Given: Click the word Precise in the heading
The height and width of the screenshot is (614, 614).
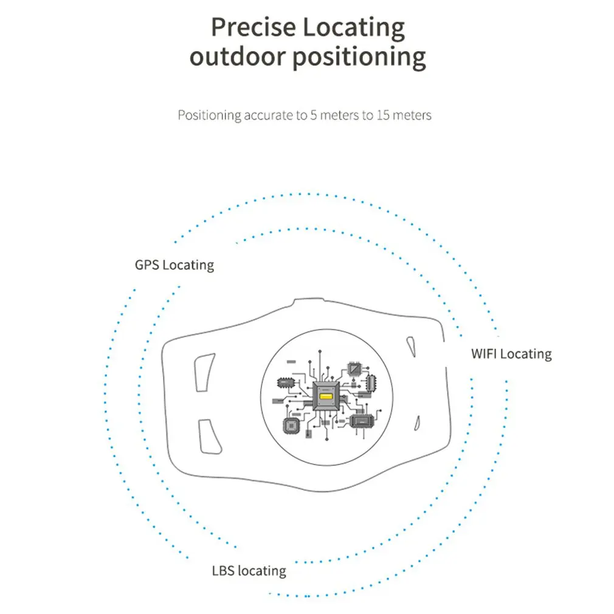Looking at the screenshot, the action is (254, 27).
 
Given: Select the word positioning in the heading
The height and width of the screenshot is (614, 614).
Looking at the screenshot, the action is (359, 58).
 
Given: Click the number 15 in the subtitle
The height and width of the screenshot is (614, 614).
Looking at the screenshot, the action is (383, 115).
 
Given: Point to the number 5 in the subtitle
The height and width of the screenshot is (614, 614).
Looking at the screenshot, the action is (313, 115).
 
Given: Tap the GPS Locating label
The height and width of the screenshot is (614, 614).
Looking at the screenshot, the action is (174, 265).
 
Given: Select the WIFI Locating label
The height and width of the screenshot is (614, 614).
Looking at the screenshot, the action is (511, 354).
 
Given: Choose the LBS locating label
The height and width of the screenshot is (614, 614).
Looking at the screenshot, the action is (249, 571).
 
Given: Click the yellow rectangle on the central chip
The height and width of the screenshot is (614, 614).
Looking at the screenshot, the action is (326, 397).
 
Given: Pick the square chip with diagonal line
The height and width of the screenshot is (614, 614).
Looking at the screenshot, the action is (354, 368).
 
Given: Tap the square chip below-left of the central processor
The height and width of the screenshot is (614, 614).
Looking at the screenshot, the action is (291, 426).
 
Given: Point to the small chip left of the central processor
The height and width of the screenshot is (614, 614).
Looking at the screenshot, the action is (285, 382).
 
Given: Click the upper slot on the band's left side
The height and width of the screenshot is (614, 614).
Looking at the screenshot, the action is (204, 373).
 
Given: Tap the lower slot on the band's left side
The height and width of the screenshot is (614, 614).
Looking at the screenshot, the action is (210, 437).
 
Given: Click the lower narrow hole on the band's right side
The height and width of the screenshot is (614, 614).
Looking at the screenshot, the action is (418, 423).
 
